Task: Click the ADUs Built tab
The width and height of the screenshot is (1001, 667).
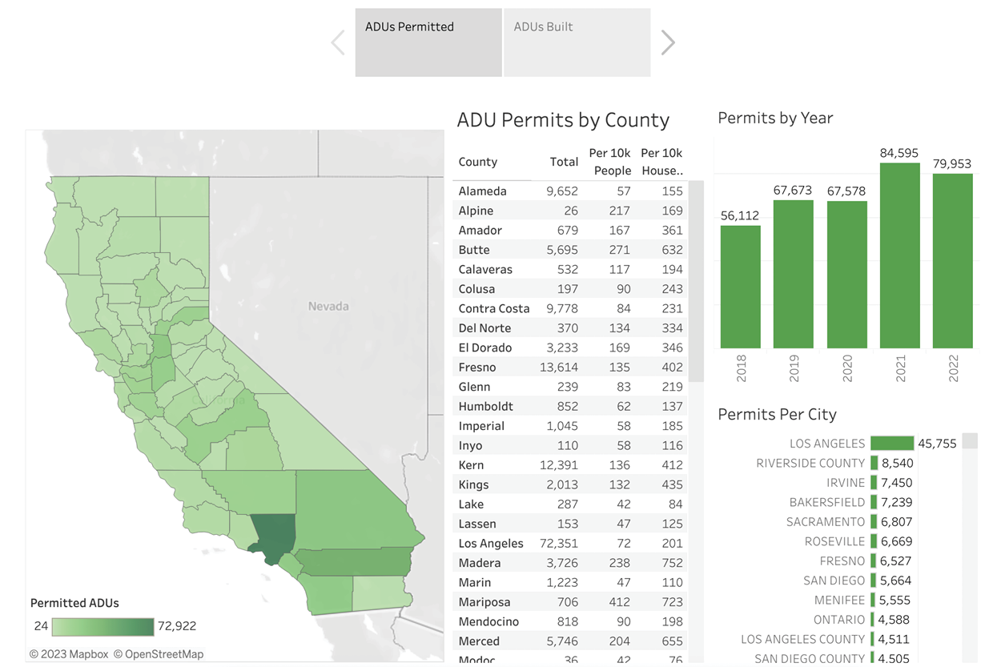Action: [x=577, y=42]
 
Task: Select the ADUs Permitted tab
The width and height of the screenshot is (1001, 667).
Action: [x=428, y=42]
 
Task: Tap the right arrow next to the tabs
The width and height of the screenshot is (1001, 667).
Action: [x=668, y=42]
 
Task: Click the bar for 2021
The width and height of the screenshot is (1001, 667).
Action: [x=899, y=255]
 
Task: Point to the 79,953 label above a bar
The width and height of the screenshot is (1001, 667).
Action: [x=952, y=163]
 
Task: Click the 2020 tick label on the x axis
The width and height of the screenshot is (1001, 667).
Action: [x=847, y=369]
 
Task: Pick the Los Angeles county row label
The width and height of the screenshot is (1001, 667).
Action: [x=491, y=544]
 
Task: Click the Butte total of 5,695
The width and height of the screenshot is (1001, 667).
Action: [x=562, y=250]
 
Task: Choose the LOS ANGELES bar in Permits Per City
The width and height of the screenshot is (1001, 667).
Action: [x=892, y=444]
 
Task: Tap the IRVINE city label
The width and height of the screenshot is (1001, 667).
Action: [x=846, y=483]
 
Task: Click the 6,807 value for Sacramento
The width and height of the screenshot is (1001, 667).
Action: [x=897, y=522]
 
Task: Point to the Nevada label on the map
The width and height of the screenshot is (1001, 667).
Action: [x=328, y=306]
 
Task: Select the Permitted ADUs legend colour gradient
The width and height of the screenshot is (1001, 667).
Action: [x=103, y=626]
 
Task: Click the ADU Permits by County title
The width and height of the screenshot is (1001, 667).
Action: [x=563, y=120]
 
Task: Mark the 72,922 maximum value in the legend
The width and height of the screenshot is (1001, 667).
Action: [x=177, y=626]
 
